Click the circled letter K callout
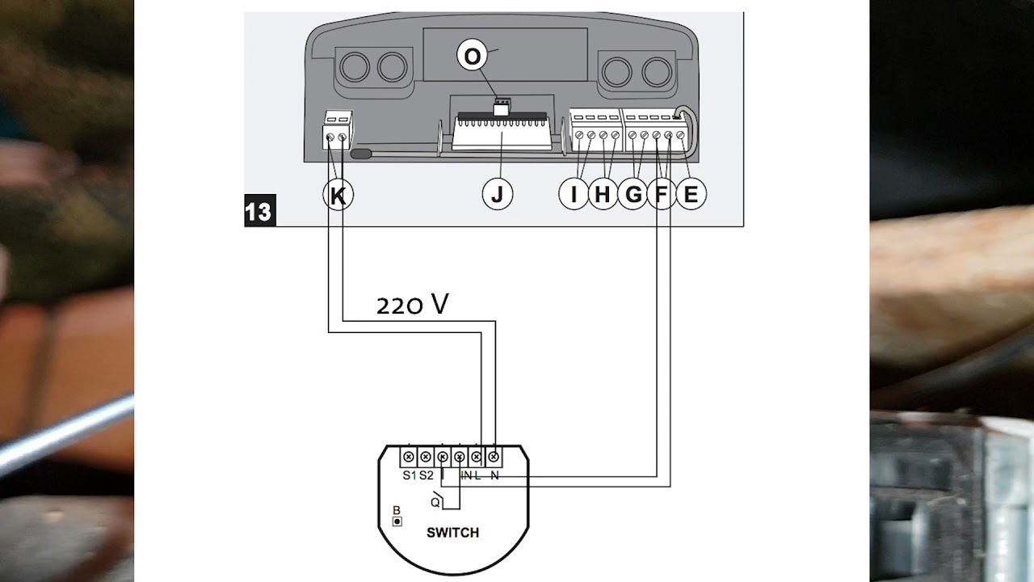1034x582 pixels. [338, 196]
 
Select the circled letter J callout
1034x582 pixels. [497, 195]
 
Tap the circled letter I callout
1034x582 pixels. [574, 194]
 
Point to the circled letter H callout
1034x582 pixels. [603, 194]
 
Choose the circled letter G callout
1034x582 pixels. [633, 194]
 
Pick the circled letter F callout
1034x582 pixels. [662, 194]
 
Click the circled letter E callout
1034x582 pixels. [691, 194]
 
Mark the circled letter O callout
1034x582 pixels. [472, 56]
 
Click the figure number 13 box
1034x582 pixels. [260, 211]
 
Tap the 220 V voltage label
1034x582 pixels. [412, 305]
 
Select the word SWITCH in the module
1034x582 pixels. [453, 533]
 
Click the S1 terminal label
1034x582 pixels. [410, 475]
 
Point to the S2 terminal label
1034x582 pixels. [427, 475]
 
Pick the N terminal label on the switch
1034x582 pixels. [494, 476]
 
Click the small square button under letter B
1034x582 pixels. [397, 521]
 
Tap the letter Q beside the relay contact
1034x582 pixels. [435, 503]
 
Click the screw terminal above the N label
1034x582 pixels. [494, 457]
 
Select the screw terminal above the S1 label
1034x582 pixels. [409, 457]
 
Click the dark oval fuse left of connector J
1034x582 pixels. [361, 154]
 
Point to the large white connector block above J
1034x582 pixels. [502, 133]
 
